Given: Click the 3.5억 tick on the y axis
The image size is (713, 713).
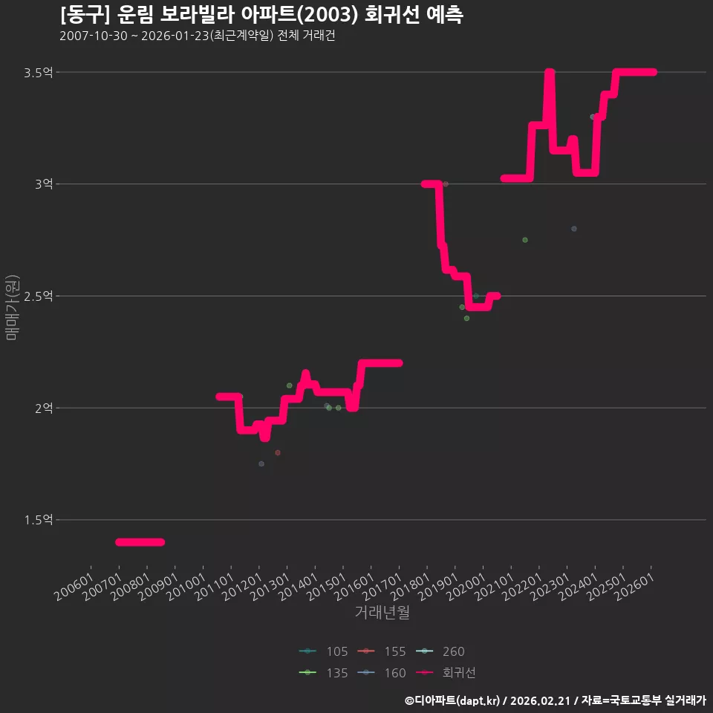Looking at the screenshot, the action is click(x=39, y=73).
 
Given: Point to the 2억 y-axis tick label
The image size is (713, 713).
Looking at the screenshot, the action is click(x=44, y=408).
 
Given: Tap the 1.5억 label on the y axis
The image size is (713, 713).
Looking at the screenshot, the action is click(x=39, y=520).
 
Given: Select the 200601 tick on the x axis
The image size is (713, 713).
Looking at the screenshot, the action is click(x=74, y=587).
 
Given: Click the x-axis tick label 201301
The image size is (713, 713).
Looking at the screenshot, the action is click(x=270, y=587).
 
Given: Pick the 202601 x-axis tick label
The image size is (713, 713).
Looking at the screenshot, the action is click(x=634, y=587).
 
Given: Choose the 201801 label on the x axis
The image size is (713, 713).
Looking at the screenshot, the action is click(x=410, y=587).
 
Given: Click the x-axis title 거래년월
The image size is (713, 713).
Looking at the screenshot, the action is click(x=382, y=612).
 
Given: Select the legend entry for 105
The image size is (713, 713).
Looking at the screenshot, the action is click(x=323, y=651).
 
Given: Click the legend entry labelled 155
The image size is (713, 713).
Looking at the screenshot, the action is click(x=381, y=651).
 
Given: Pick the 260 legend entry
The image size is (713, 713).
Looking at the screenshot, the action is click(x=440, y=651).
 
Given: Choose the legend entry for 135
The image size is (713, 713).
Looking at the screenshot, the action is click(x=323, y=673).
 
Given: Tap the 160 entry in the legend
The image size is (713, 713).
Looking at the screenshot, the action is click(x=381, y=673).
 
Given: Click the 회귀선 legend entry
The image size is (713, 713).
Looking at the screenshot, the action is click(x=446, y=673).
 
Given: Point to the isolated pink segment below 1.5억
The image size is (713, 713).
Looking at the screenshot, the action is click(x=140, y=542).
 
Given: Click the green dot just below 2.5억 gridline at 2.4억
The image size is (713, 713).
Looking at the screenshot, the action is click(x=466, y=319).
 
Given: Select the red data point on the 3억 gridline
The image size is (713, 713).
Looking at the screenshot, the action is click(x=446, y=184).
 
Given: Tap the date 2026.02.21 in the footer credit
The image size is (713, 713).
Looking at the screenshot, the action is click(x=540, y=700).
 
